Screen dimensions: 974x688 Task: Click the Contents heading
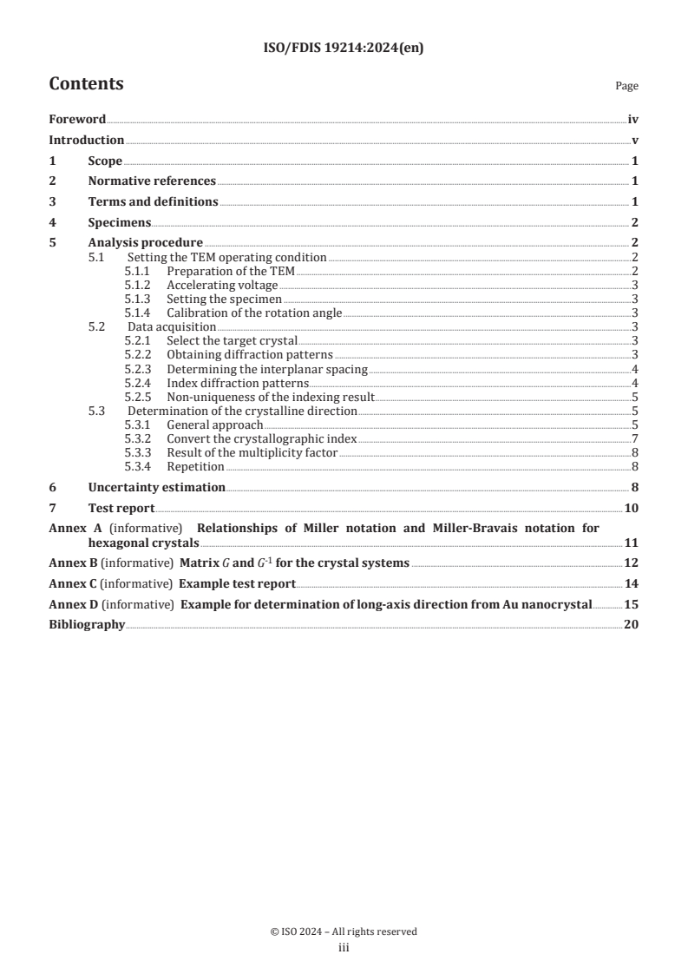click(86, 84)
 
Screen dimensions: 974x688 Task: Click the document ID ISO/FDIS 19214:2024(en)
click(343, 49)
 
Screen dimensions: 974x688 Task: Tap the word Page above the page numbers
click(626, 86)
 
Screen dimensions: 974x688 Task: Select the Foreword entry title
click(77, 120)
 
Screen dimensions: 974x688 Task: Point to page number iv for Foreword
click(633, 120)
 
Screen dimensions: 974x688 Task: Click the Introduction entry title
click(86, 141)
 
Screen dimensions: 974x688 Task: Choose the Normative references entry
click(152, 181)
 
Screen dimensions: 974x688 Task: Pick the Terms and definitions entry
click(153, 202)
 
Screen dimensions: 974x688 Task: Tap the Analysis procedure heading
click(145, 243)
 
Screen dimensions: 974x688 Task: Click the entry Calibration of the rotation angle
click(255, 313)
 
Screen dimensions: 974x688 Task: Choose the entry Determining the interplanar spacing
click(267, 369)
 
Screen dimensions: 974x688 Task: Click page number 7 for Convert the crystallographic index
click(636, 439)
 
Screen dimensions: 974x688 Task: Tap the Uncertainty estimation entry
click(156, 488)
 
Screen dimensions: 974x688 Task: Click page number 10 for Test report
click(632, 509)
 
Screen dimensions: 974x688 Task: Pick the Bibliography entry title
click(87, 625)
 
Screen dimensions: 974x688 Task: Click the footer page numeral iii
click(344, 948)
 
